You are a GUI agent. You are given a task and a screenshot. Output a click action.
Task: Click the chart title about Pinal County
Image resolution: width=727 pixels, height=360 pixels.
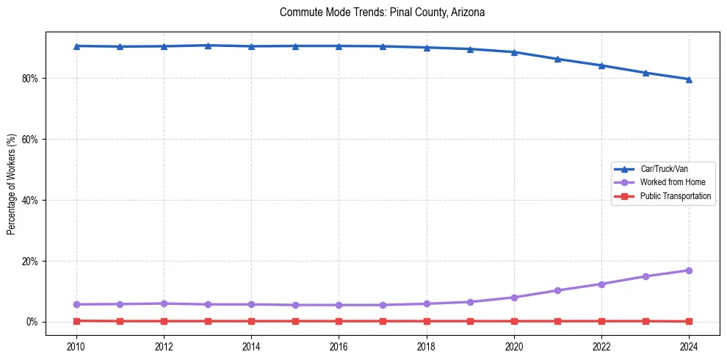point(382,12)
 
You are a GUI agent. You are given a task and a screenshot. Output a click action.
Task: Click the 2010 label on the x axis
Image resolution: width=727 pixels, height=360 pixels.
point(76,345)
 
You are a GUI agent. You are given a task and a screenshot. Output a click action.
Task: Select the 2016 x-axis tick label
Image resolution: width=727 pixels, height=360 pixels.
point(339,345)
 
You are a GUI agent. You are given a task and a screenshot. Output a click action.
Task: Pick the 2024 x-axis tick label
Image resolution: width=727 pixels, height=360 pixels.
point(689,345)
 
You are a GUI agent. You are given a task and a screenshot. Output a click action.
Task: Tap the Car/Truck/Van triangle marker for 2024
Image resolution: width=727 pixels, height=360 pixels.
point(689,79)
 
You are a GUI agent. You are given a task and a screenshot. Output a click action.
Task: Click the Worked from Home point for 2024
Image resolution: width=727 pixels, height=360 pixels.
point(689,270)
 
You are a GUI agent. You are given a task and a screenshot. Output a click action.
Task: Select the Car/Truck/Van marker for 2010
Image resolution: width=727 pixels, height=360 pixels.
point(76,46)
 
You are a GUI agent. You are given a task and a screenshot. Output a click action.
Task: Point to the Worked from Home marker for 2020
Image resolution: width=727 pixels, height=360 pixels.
point(514,298)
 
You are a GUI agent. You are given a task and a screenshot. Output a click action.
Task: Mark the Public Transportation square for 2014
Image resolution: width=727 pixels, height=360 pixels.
point(251,321)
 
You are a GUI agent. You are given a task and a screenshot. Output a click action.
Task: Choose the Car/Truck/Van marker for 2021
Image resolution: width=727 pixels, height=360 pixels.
point(557,59)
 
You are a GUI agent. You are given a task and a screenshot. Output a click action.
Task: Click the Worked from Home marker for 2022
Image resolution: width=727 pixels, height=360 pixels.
point(601,284)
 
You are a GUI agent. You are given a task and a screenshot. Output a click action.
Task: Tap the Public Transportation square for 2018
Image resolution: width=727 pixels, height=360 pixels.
point(427,321)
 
